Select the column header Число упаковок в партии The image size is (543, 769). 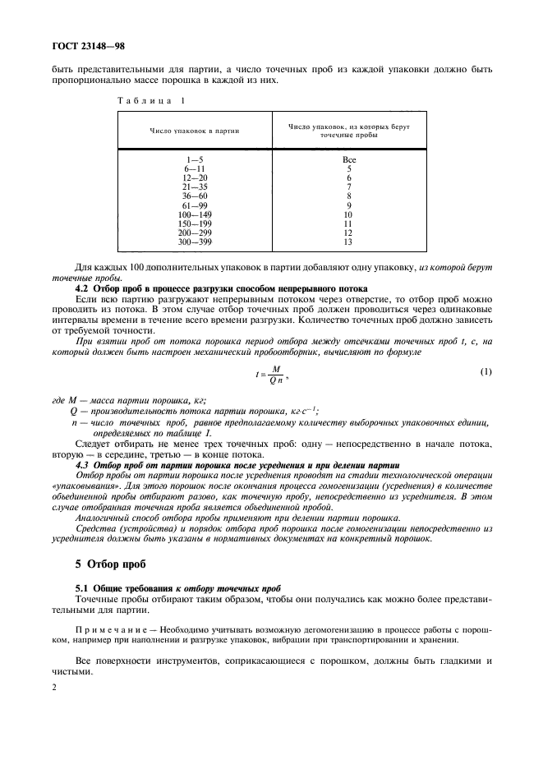(x=188, y=131)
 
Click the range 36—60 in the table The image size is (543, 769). (x=196, y=196)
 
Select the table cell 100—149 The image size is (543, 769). (x=196, y=214)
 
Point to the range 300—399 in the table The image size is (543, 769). (x=196, y=242)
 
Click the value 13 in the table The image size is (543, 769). (x=348, y=242)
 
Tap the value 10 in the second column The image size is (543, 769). (x=348, y=214)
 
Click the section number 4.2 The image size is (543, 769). (x=83, y=290)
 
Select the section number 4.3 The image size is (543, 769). (x=83, y=465)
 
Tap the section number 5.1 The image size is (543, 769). (x=84, y=589)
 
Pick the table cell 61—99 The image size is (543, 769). (x=196, y=205)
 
